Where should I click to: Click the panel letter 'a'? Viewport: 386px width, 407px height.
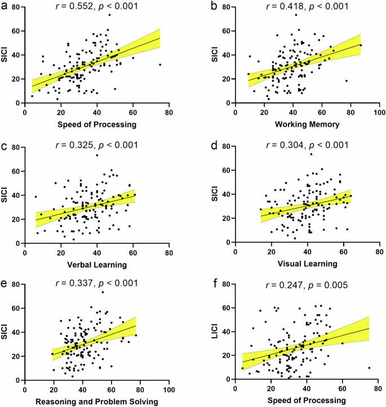pos(5,7)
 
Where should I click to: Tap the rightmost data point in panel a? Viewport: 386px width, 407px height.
pos(160,64)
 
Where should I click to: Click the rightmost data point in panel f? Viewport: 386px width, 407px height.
pos(369,368)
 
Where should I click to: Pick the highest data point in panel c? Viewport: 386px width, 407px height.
pos(97,155)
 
